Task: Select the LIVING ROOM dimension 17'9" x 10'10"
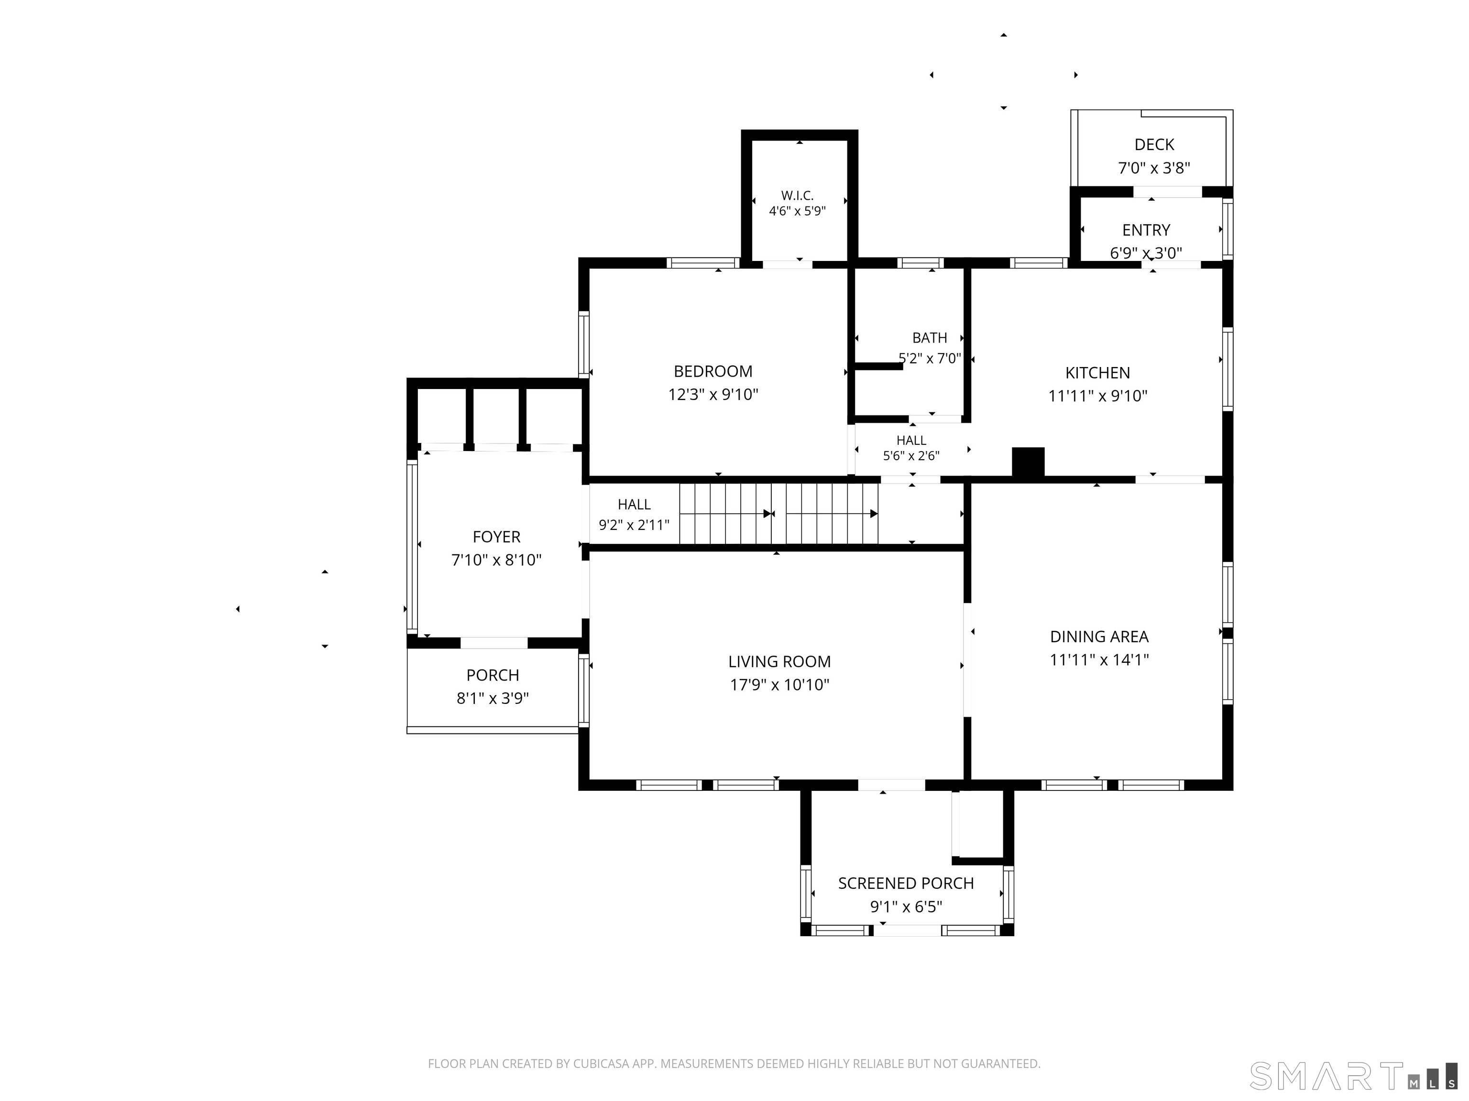tap(779, 684)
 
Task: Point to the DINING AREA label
tap(1099, 637)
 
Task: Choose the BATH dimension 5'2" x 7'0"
tap(930, 358)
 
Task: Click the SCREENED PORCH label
tap(906, 883)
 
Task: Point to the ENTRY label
tap(1146, 230)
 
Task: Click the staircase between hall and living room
tap(778, 514)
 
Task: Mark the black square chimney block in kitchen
tap(1028, 462)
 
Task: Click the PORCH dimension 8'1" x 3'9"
tap(493, 698)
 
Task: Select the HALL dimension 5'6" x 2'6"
tap(911, 456)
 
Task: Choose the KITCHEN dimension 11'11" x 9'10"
tap(1098, 396)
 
